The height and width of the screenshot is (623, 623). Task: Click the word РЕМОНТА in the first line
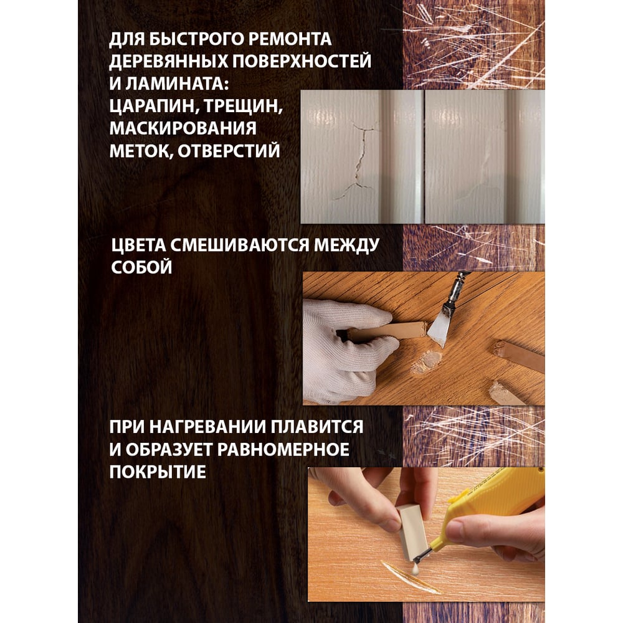click(x=289, y=39)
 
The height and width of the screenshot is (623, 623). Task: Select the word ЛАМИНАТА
click(x=177, y=84)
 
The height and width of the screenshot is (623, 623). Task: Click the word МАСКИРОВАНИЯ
click(x=183, y=128)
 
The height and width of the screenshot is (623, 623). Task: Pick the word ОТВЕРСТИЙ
click(x=229, y=151)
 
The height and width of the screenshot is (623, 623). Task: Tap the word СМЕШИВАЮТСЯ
click(x=240, y=245)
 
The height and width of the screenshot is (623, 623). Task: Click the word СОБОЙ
click(x=141, y=267)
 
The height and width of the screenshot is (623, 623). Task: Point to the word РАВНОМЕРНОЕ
click(x=283, y=449)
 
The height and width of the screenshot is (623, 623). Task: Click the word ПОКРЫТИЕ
click(x=158, y=472)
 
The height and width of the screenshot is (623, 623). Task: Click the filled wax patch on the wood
click(x=427, y=362)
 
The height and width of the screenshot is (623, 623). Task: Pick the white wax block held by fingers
click(x=412, y=533)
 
